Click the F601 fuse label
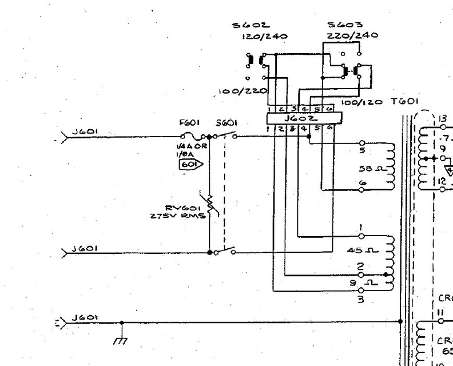click(x=187, y=122)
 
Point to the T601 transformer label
click(x=406, y=101)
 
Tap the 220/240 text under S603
click(x=345, y=35)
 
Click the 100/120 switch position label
click(x=363, y=102)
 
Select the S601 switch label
click(x=223, y=122)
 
